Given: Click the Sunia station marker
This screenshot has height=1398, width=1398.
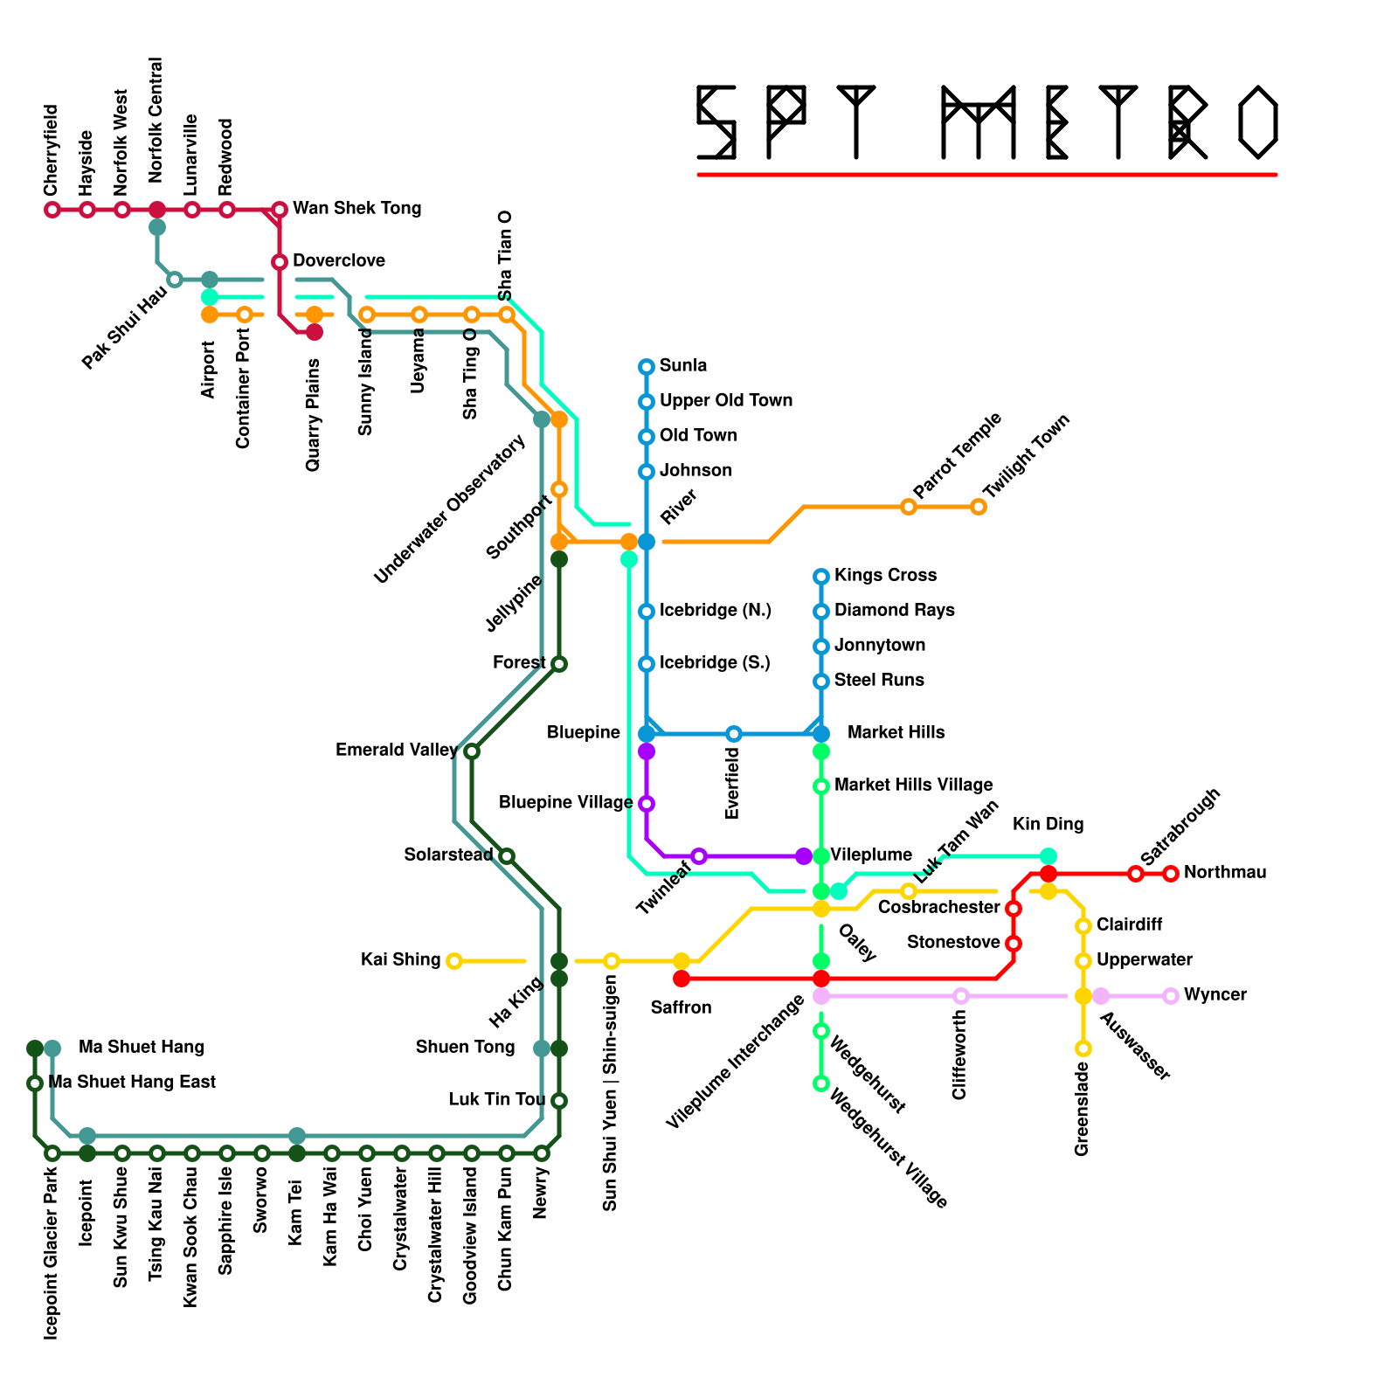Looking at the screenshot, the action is coord(647,367).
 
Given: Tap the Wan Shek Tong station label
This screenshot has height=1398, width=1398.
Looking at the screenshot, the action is coord(356,209).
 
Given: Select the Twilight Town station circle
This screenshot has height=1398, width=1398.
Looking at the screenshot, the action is coord(979,507).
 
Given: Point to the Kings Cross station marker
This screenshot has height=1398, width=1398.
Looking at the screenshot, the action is coord(821,577).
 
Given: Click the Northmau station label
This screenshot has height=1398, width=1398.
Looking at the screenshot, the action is coord(1224,873).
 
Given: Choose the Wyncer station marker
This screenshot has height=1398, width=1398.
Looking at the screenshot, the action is coord(1171,996).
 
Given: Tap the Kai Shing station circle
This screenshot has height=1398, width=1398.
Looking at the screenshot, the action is coord(453,961).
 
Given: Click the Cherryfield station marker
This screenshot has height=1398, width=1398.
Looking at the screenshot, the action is coord(52,210).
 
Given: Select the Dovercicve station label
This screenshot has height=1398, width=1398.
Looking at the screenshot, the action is coord(339,261).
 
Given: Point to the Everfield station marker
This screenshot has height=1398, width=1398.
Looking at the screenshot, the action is coord(734,734).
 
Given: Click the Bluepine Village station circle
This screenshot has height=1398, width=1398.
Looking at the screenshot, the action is coord(647,804).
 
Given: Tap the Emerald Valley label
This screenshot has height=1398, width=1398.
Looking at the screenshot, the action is coord(396,751).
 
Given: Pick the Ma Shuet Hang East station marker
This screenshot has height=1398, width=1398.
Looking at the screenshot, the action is coord(35,1083).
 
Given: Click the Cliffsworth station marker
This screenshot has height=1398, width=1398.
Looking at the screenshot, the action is coord(961,996).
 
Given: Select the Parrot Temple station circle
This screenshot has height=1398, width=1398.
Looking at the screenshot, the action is coord(909,507).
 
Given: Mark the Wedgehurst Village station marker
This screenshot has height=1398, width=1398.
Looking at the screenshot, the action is coord(821,1083).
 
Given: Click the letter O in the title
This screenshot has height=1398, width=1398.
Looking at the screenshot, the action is coord(1258,122).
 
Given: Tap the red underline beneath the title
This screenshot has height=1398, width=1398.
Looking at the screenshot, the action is coord(987,175).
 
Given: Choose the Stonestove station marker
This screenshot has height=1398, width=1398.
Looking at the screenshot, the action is coord(1014,944).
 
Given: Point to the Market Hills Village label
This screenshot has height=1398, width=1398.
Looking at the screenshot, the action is coord(913,786).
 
